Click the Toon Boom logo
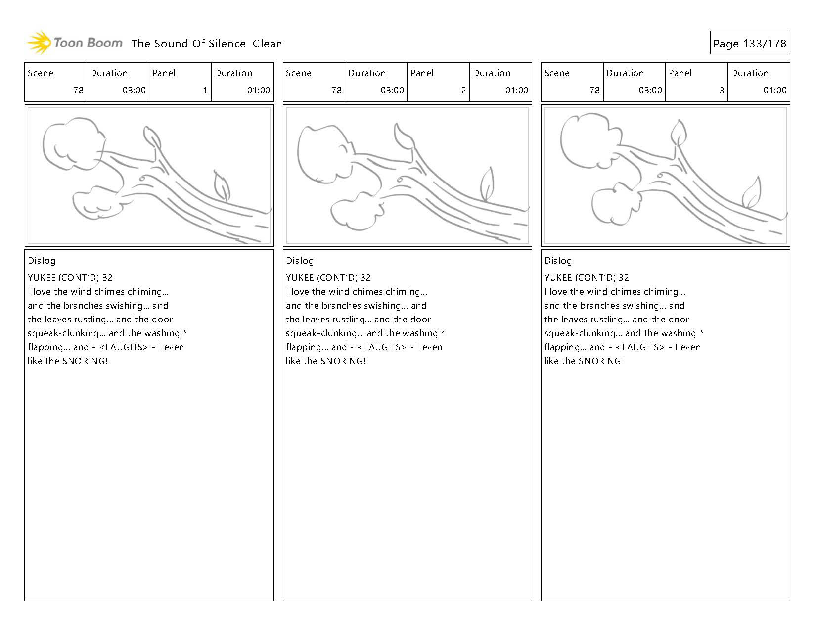pos(74,43)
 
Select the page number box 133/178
pos(749,44)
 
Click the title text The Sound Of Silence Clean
pos(207,44)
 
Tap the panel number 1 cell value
pos(205,91)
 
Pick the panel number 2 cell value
pos(463,91)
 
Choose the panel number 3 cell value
pos(721,91)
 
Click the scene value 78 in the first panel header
pos(78,91)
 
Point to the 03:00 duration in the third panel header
pos(650,91)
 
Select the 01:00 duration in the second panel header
pos(516,91)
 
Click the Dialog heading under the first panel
pos(42,261)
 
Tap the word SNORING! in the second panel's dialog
pos(343,361)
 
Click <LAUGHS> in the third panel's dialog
pos(640,347)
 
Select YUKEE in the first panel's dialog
pos(42,278)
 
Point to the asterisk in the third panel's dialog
pos(701,332)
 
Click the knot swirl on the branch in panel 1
pos(142,178)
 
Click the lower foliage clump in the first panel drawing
pos(96,203)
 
